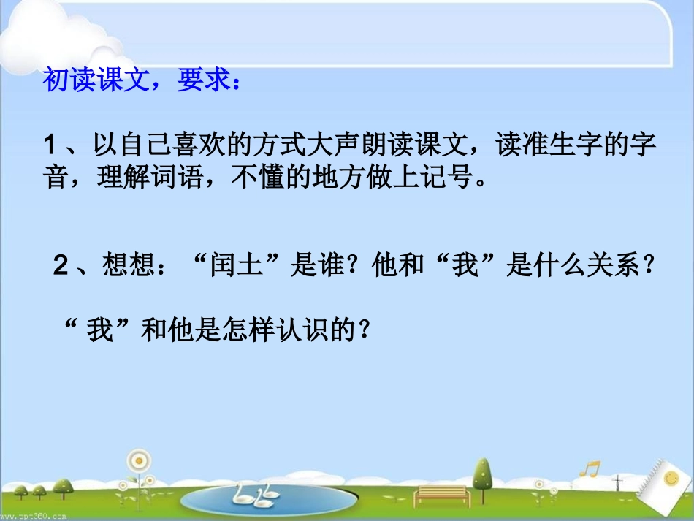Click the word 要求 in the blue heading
pyautogui.click(x=202, y=80)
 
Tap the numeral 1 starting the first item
pyautogui.click(x=51, y=145)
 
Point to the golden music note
pyautogui.click(x=590, y=468)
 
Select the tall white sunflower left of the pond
pyautogui.click(x=137, y=463)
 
